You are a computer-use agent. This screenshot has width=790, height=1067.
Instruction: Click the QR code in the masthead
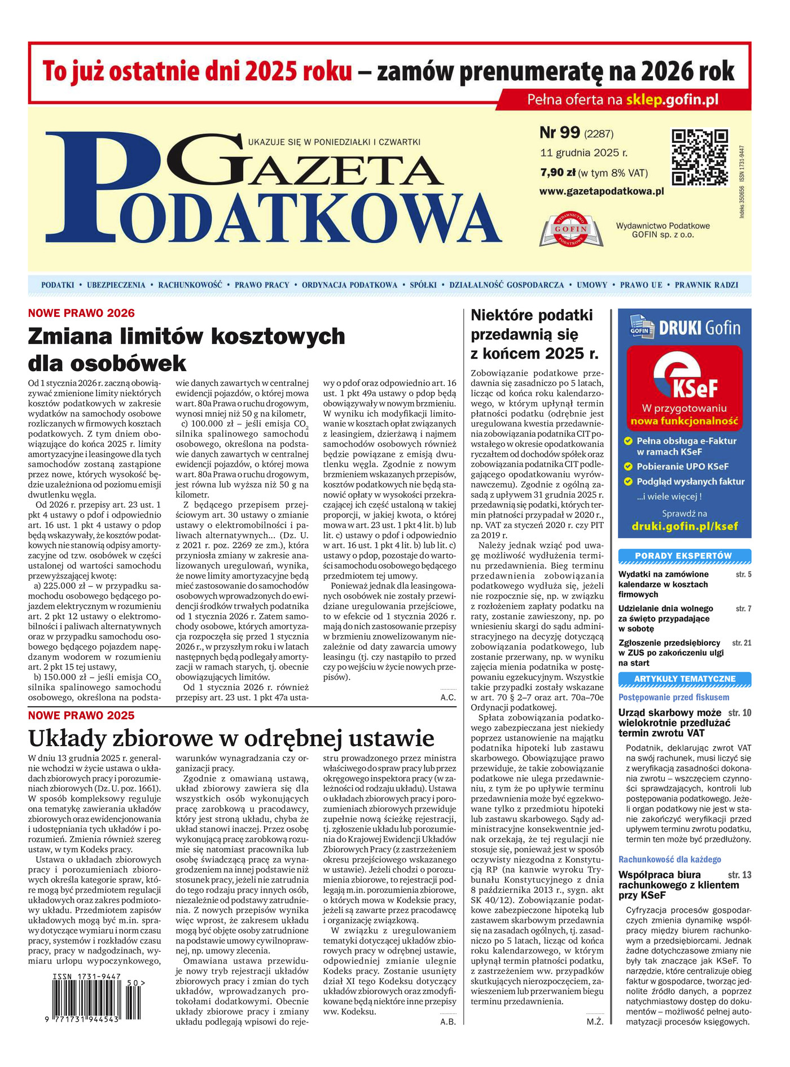pyautogui.click(x=699, y=157)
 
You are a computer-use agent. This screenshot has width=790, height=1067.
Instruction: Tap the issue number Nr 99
pyautogui.click(x=560, y=133)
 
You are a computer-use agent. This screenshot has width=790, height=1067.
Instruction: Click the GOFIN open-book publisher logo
pyautogui.click(x=570, y=230)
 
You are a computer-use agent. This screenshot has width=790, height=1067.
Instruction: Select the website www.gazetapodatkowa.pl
pyautogui.click(x=601, y=191)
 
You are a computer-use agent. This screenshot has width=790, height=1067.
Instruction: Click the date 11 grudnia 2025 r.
pyautogui.click(x=583, y=153)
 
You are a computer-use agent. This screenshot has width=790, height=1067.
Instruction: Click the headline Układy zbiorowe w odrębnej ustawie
pyautogui.click(x=231, y=738)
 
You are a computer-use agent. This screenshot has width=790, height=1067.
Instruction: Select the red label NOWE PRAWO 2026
pyautogui.click(x=81, y=313)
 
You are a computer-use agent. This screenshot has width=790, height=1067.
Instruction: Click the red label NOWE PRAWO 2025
pyautogui.click(x=81, y=716)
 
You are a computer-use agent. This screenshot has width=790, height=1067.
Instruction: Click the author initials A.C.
pyautogui.click(x=448, y=697)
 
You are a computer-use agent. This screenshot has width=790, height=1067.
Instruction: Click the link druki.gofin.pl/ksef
pyautogui.click(x=684, y=526)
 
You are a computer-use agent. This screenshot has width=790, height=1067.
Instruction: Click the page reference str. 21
pyautogui.click(x=741, y=643)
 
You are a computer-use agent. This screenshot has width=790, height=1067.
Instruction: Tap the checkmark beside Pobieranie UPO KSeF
pyautogui.click(x=627, y=467)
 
